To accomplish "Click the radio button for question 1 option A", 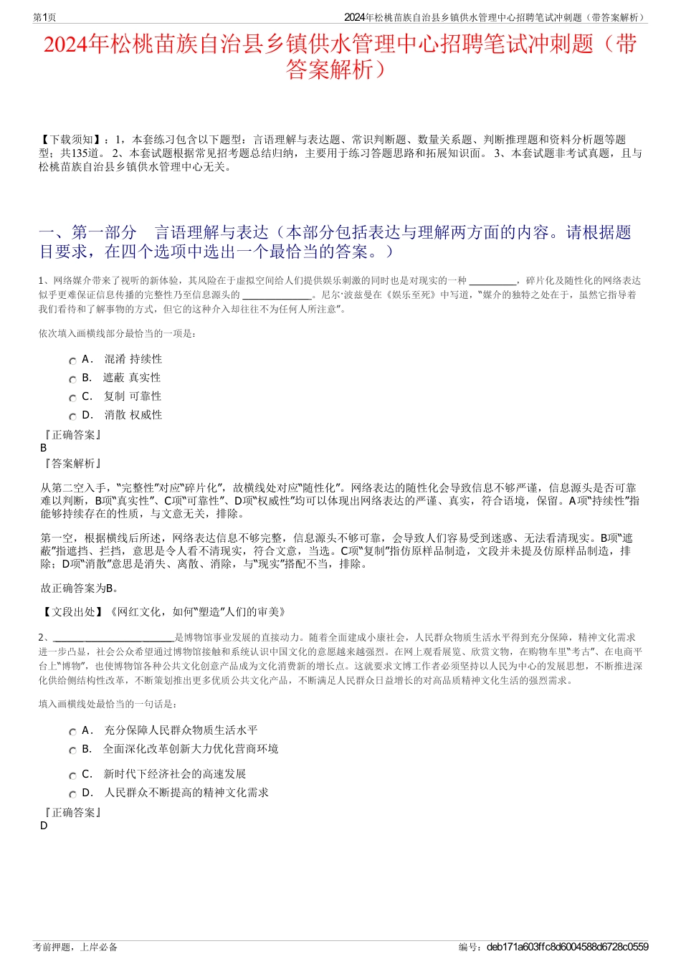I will (x=72, y=361).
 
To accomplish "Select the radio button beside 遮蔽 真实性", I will (x=72, y=380).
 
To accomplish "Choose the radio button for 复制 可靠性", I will (x=72, y=399).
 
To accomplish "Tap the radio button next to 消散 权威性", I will (x=72, y=417).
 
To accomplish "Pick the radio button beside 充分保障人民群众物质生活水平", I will (x=72, y=732).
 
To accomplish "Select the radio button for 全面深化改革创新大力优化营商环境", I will (x=72, y=751).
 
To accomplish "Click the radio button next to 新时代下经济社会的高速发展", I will (x=72, y=776).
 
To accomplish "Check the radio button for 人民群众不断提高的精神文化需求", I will (x=72, y=795).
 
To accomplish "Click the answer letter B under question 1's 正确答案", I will (x=44, y=448).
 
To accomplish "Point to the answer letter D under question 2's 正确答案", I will (x=44, y=826).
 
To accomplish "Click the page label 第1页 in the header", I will (x=44, y=17).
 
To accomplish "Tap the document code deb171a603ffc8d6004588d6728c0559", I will (x=567, y=947).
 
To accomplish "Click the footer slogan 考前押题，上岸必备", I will (x=75, y=947).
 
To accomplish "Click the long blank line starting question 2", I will (x=113, y=637).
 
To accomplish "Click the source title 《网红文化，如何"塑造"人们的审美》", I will (x=198, y=611).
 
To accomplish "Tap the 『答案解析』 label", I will (x=72, y=464).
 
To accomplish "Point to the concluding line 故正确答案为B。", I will (x=80, y=588).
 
